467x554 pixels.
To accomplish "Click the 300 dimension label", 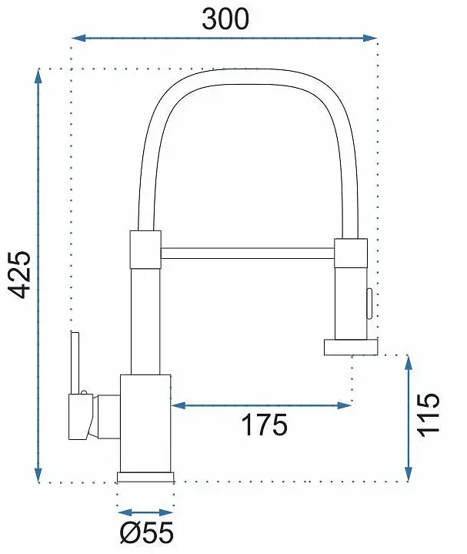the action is (x=225, y=18).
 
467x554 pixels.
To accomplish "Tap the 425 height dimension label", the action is (x=19, y=275).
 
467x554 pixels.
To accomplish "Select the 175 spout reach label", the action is (x=265, y=425).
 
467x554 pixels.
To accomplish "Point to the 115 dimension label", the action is (x=429, y=415).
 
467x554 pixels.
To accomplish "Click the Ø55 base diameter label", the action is (x=147, y=532).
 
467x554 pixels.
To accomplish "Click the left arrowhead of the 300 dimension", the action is (x=78, y=39).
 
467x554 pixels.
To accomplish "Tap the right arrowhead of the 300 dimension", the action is (x=370, y=39).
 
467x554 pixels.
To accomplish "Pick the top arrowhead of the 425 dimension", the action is (x=38, y=76).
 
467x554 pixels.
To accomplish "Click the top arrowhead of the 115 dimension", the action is (x=409, y=362).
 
